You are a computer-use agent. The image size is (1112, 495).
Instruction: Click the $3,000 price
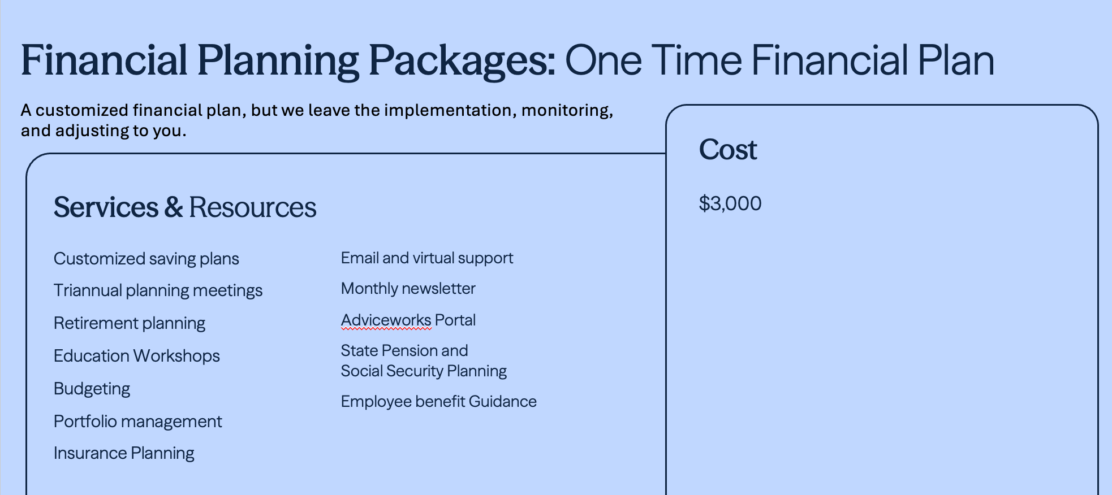(730, 203)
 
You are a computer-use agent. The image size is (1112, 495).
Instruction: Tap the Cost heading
(728, 150)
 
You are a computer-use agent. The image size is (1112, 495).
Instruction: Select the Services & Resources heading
(185, 207)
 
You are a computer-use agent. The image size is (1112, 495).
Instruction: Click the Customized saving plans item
(146, 259)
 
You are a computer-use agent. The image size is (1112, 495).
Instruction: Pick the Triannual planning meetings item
(158, 290)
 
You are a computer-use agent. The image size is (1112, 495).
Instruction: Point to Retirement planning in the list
(130, 323)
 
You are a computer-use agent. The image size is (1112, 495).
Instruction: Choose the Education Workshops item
(137, 356)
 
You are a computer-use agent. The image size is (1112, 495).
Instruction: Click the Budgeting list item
(92, 389)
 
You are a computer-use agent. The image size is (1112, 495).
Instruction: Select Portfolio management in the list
(138, 422)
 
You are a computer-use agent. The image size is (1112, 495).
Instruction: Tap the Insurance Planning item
(124, 453)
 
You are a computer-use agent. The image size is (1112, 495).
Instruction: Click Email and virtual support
(427, 258)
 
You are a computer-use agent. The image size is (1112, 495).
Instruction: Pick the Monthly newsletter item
(408, 289)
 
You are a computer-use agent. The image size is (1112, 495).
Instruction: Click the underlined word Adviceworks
(386, 320)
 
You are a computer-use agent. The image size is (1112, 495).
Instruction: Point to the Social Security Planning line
(424, 371)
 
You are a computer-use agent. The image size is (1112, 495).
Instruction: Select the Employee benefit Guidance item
(439, 402)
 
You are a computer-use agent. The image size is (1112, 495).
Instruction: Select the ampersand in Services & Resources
(174, 207)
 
